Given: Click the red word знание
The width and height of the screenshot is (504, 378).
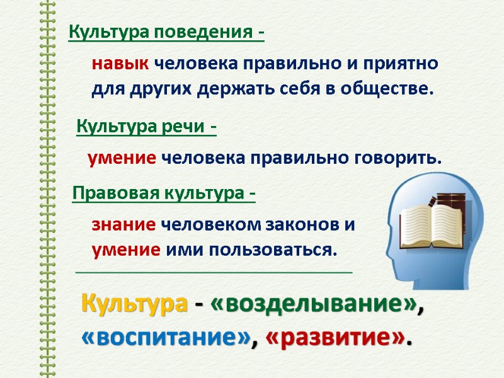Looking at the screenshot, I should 124,224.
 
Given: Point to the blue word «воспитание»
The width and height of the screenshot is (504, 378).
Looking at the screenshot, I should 166,338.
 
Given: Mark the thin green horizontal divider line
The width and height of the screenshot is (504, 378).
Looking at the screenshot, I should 214,272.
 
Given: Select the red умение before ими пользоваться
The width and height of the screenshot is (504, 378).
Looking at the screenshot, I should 126,250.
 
